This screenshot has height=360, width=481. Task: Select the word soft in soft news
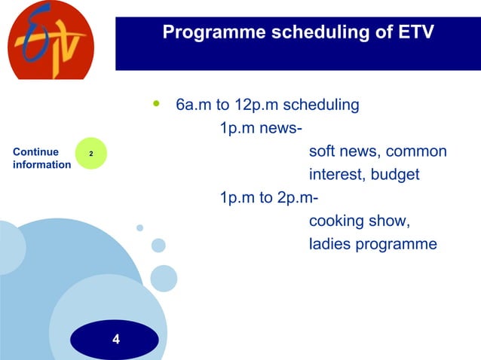click(323, 152)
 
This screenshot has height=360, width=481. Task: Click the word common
click(418, 152)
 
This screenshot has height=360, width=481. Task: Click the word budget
click(394, 175)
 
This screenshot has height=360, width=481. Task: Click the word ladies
click(329, 244)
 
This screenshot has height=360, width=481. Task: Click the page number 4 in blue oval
click(115, 340)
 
